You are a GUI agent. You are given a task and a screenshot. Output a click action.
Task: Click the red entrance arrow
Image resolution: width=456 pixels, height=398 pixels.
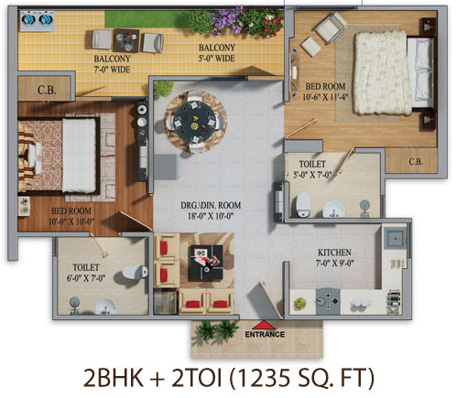click(x=264, y=325)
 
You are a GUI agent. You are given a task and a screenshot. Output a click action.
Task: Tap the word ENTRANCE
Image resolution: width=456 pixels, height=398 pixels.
click(x=265, y=334)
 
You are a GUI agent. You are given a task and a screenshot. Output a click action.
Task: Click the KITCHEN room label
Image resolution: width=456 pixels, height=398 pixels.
click(x=334, y=253)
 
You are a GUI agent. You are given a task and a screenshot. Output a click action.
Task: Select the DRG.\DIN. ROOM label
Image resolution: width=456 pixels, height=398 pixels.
click(x=211, y=205)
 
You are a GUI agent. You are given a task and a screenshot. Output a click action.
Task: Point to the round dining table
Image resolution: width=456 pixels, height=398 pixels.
click(x=194, y=121)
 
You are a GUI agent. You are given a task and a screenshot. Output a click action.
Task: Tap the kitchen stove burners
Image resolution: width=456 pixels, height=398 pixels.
click(x=328, y=301)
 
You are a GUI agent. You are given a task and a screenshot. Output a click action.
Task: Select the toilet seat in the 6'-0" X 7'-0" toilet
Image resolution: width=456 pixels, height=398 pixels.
click(x=135, y=272)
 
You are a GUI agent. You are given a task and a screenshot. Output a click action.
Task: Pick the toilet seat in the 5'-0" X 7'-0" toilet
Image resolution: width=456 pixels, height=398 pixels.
click(x=303, y=204)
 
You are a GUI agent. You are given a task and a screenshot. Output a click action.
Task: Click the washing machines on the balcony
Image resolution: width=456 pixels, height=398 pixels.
click(x=38, y=19)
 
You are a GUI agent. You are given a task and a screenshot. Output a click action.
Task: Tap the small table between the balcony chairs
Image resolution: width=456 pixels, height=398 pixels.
click(x=126, y=40)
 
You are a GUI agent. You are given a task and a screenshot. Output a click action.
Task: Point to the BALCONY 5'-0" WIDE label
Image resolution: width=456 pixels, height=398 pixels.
click(x=217, y=53)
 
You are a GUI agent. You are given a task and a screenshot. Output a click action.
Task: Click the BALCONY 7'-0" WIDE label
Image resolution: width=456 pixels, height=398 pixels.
click(x=112, y=64)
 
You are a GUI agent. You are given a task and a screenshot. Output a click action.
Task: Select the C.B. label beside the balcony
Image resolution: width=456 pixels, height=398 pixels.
click(x=47, y=90)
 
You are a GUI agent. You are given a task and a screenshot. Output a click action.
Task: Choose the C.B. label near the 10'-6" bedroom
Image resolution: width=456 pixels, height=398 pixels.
click(x=416, y=161)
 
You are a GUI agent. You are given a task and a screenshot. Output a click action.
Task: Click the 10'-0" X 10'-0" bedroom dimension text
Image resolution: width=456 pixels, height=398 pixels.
click(x=71, y=221)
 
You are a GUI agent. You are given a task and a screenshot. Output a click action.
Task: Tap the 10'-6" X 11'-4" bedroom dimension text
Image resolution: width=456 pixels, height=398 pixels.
click(x=325, y=97)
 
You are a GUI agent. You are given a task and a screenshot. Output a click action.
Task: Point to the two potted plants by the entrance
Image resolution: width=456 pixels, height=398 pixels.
click(x=217, y=329)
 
